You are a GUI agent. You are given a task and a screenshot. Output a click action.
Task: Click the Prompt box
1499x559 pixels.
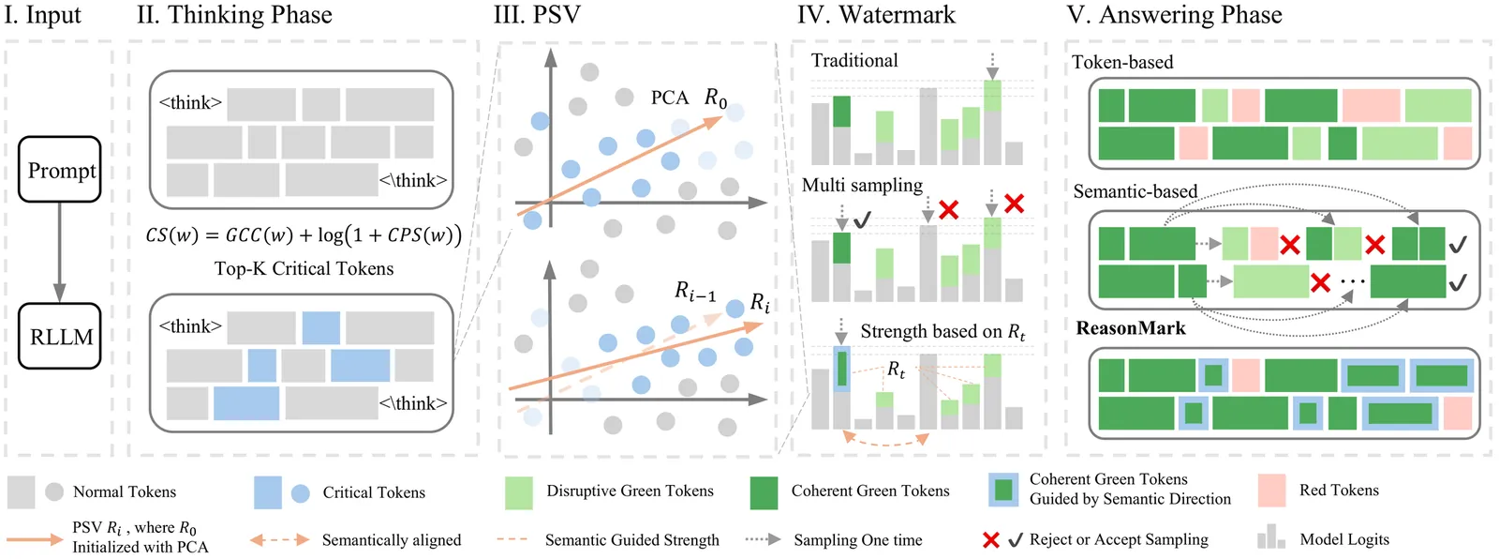(60, 170)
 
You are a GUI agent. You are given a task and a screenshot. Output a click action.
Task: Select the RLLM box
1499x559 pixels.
(60, 336)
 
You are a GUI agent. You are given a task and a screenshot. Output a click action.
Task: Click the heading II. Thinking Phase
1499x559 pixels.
(234, 15)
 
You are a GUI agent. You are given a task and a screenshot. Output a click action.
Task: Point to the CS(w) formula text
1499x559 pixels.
(304, 234)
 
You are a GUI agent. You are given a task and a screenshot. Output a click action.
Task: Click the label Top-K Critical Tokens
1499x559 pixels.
(304, 269)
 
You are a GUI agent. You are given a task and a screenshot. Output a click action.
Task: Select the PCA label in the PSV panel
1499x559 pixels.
(669, 98)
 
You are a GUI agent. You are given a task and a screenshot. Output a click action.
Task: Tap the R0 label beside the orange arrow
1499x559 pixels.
(716, 98)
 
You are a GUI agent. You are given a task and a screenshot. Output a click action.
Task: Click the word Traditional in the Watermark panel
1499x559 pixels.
(854, 61)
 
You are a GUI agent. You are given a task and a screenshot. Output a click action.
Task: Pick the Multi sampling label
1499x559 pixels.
(862, 186)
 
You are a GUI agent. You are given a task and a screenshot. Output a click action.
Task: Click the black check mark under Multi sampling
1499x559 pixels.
(862, 219)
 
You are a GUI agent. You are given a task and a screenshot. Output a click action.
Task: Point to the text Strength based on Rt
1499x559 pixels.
(942, 332)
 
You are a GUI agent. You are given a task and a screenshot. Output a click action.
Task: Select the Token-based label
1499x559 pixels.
(1122, 63)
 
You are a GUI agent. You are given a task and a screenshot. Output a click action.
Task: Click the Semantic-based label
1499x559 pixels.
(1135, 192)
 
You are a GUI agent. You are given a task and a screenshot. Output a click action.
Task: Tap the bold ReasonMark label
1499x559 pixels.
(1131, 328)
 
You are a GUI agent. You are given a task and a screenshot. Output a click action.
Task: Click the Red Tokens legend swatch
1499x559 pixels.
(1271, 491)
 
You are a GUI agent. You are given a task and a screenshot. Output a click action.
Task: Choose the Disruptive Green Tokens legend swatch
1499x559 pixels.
(518, 492)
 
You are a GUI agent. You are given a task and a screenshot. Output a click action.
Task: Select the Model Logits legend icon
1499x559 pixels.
(1271, 537)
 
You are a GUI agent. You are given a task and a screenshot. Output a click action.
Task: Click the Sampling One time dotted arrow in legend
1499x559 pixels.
(763, 539)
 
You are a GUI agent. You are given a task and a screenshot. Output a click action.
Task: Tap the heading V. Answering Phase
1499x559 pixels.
(1175, 15)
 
